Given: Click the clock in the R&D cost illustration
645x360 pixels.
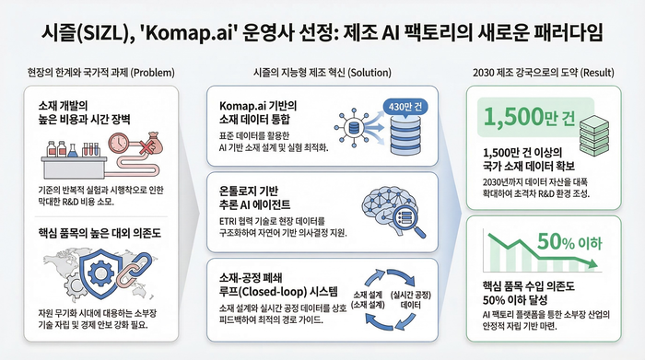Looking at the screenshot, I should [x=118, y=142].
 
